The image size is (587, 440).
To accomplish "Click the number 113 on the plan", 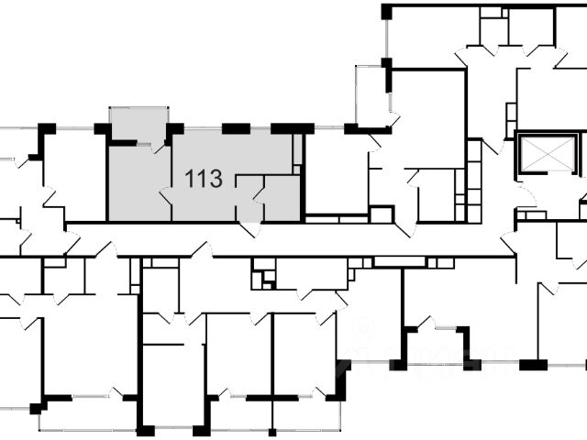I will (204, 178).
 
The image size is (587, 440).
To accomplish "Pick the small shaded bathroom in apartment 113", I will (282, 197).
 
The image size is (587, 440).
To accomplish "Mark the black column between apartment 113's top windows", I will (237, 128).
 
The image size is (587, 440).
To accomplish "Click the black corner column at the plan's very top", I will (386, 11).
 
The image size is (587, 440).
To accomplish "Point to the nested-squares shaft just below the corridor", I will (264, 277).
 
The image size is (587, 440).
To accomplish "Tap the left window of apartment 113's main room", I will (203, 128).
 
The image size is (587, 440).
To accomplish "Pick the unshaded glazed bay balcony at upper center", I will (372, 95).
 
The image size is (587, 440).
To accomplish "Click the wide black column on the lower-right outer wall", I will (533, 364).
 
